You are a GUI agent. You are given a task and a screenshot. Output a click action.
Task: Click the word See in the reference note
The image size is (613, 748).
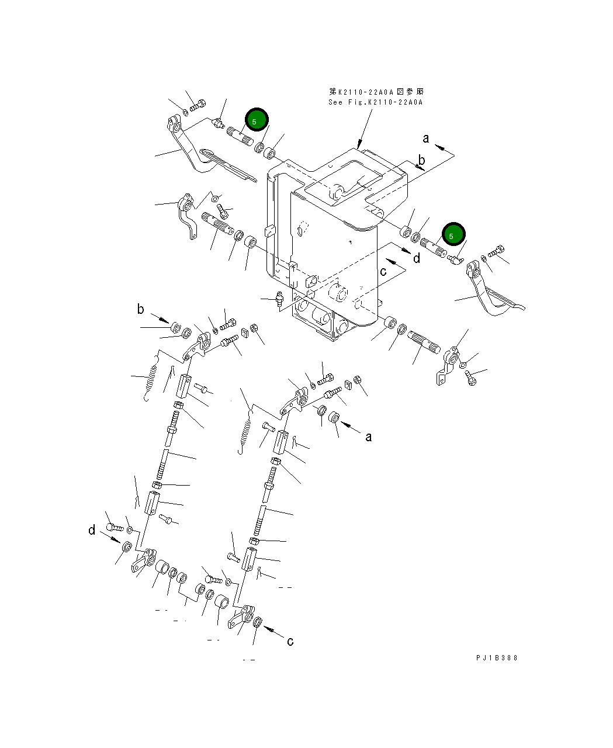click(x=335, y=102)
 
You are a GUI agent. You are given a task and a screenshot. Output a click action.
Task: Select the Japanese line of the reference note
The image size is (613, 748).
click(x=376, y=92)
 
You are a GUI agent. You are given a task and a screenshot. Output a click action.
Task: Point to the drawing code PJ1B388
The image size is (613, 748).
click(x=497, y=658)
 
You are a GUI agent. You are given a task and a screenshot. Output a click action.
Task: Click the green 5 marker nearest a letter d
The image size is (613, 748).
click(x=453, y=234)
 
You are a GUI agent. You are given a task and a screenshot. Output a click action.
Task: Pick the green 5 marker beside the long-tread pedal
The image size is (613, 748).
click(x=257, y=120)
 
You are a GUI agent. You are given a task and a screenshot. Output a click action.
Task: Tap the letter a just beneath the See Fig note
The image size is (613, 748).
click(x=425, y=138)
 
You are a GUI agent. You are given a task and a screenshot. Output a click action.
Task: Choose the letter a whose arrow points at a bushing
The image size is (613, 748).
click(x=369, y=437)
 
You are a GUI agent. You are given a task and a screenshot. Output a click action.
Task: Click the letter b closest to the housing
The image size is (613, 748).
click(x=421, y=160)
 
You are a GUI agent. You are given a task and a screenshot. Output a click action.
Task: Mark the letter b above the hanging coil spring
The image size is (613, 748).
click(x=140, y=309)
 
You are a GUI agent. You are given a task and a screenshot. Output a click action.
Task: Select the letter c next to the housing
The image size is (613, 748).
click(x=383, y=271)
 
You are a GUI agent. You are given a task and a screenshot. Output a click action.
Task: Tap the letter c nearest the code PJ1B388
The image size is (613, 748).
click(x=290, y=641)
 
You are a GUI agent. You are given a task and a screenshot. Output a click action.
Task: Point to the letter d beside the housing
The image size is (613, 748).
click(x=417, y=258)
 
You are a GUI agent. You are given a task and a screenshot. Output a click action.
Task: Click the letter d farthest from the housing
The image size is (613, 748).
click(x=92, y=530)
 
